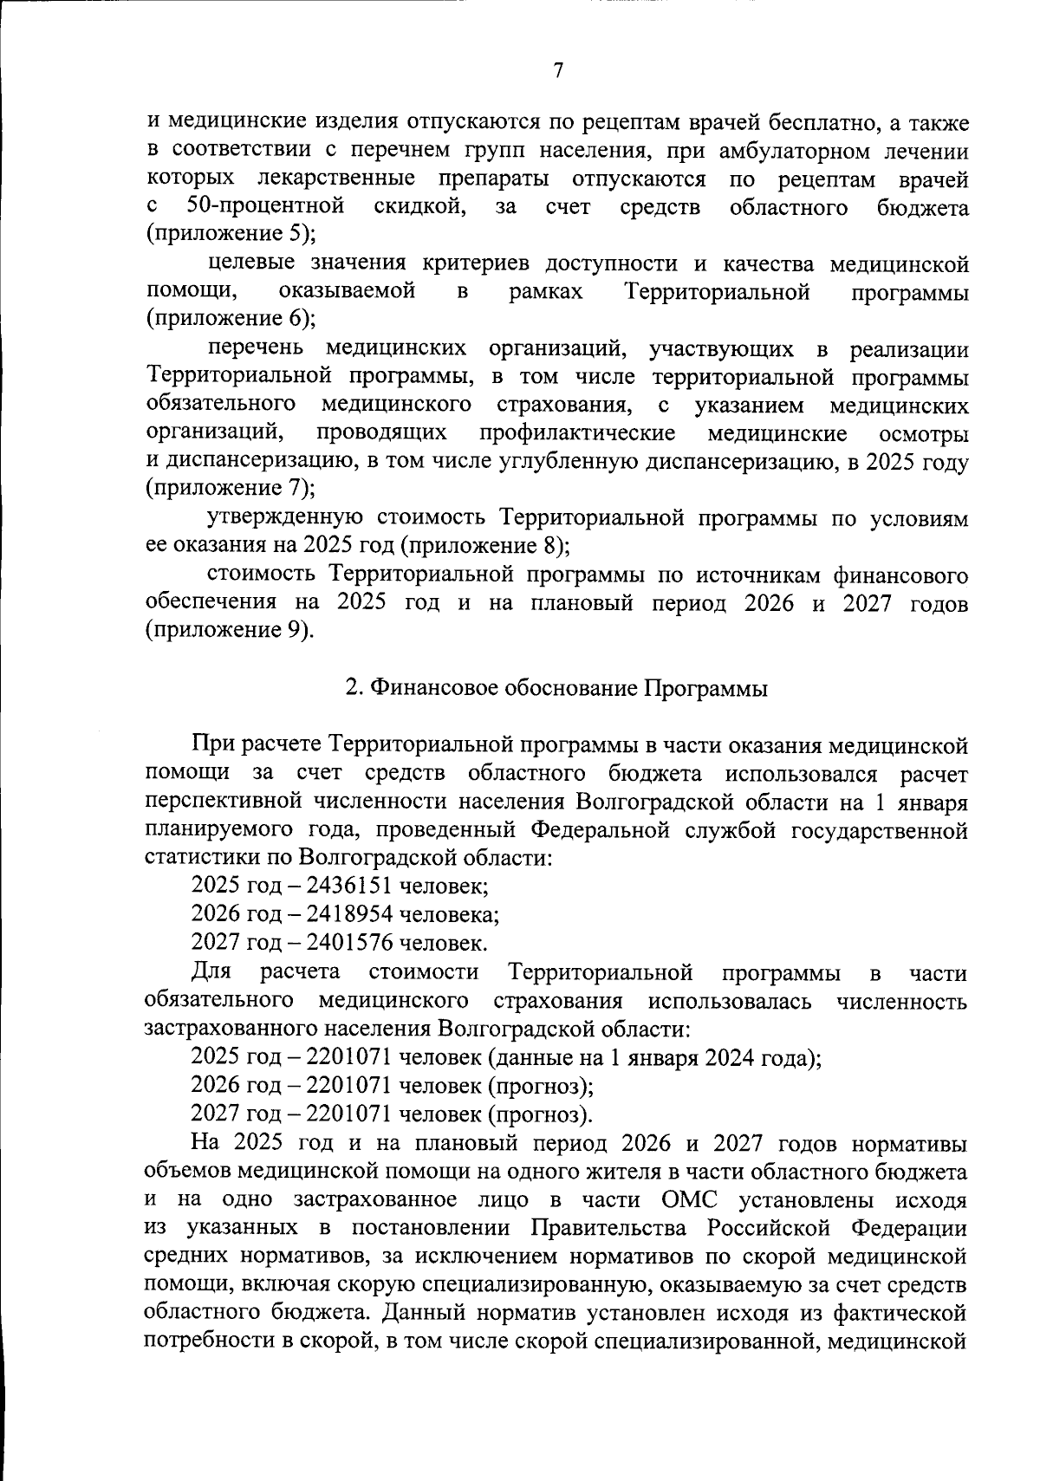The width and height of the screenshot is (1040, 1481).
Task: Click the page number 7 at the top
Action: (x=558, y=71)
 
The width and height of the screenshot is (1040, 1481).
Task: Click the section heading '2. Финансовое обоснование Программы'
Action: (x=556, y=688)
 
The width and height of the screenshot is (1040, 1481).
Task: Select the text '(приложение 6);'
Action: (x=231, y=318)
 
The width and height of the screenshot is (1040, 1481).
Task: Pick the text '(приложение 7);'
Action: (x=231, y=488)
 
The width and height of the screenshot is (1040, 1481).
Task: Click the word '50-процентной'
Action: (x=267, y=207)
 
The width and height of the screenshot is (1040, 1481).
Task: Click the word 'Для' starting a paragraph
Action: (x=211, y=972)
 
